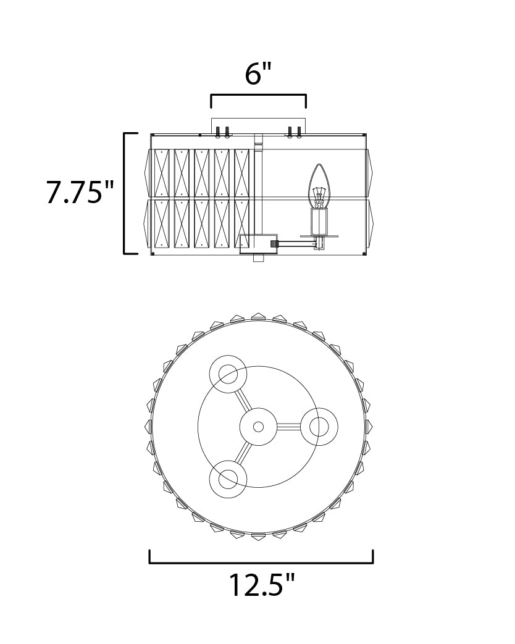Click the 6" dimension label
259,74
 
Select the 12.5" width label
262,585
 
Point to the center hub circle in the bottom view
258,427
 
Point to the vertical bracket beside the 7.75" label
125,193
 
